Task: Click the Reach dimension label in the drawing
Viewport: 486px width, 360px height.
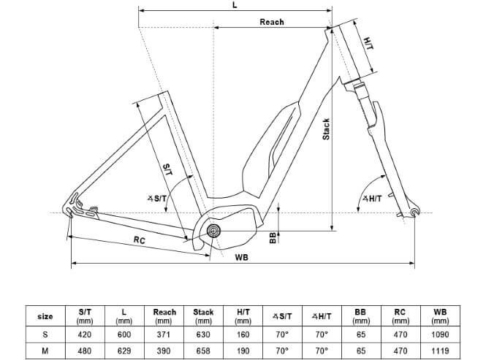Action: pyautogui.click(x=272, y=22)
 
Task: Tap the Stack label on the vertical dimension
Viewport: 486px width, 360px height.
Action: pyautogui.click(x=327, y=129)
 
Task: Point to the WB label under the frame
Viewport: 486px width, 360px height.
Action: pyautogui.click(x=240, y=258)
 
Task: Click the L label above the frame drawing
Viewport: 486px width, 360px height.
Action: pyautogui.click(x=235, y=5)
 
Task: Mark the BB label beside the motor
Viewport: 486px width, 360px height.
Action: pyautogui.click(x=273, y=237)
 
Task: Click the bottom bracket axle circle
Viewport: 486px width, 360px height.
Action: pyautogui.click(x=213, y=231)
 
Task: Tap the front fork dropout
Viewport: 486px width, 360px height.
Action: pyautogui.click(x=415, y=212)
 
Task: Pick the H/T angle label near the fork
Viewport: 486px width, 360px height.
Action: pyautogui.click(x=372, y=199)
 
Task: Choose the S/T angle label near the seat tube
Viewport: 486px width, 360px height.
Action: pyautogui.click(x=156, y=199)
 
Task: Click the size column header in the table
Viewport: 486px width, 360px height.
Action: pyautogui.click(x=45, y=316)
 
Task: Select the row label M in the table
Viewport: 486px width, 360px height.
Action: pyautogui.click(x=45, y=350)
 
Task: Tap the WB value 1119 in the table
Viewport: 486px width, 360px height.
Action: pyautogui.click(x=440, y=350)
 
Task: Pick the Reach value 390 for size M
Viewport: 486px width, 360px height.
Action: pyautogui.click(x=164, y=350)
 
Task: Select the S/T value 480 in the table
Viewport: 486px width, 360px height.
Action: pyautogui.click(x=85, y=350)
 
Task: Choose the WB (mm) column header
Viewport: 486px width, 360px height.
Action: pyautogui.click(x=440, y=316)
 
